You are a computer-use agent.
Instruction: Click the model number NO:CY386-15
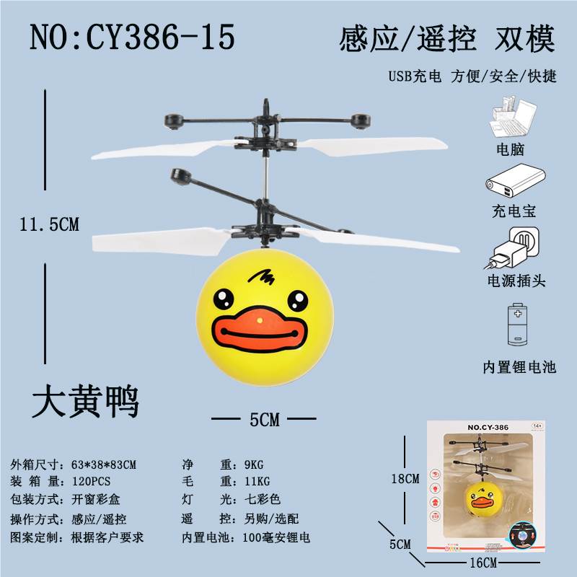pos(132,37)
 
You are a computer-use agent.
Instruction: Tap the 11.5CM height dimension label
pos(49,224)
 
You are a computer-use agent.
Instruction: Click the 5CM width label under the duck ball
pos(265,420)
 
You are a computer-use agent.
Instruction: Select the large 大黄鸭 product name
pos(85,401)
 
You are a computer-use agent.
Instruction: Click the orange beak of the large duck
pos(260,330)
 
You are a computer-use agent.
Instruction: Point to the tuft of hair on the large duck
pos(261,277)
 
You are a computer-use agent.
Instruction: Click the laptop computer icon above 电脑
pos(513,116)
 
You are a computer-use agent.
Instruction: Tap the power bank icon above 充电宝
pos(516,182)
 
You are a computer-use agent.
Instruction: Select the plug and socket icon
pos(512,247)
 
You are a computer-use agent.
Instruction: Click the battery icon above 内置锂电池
pos(517,325)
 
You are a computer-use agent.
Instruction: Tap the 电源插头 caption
pos(516,281)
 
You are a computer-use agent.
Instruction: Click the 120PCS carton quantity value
pos(91,481)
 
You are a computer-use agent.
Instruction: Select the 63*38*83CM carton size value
pos(104,464)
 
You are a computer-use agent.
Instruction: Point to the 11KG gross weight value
pos(257,481)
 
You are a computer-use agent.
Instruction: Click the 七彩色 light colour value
pos(263,499)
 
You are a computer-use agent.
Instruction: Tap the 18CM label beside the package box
pos(405,479)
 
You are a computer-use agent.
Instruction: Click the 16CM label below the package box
pos(483,563)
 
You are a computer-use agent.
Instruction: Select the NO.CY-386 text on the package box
pos(488,428)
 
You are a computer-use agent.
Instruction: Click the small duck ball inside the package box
pos(483,498)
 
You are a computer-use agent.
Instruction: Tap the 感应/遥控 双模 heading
pos(447,39)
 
